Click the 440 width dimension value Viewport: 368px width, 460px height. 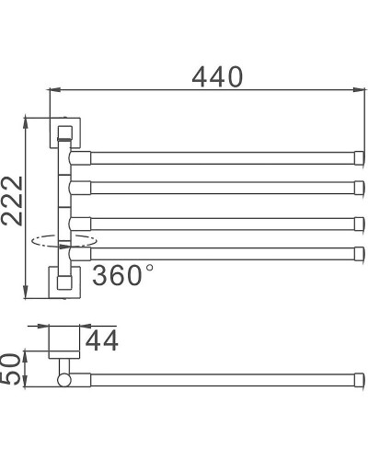[217, 77]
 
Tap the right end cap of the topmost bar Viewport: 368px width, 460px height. [357, 154]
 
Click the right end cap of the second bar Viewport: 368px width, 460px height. [357, 187]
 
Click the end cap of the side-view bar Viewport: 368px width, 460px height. [357, 379]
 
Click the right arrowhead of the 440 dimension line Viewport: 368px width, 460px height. [353, 90]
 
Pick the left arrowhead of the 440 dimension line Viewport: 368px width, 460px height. [52, 90]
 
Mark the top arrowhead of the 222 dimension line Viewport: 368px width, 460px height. [28, 122]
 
